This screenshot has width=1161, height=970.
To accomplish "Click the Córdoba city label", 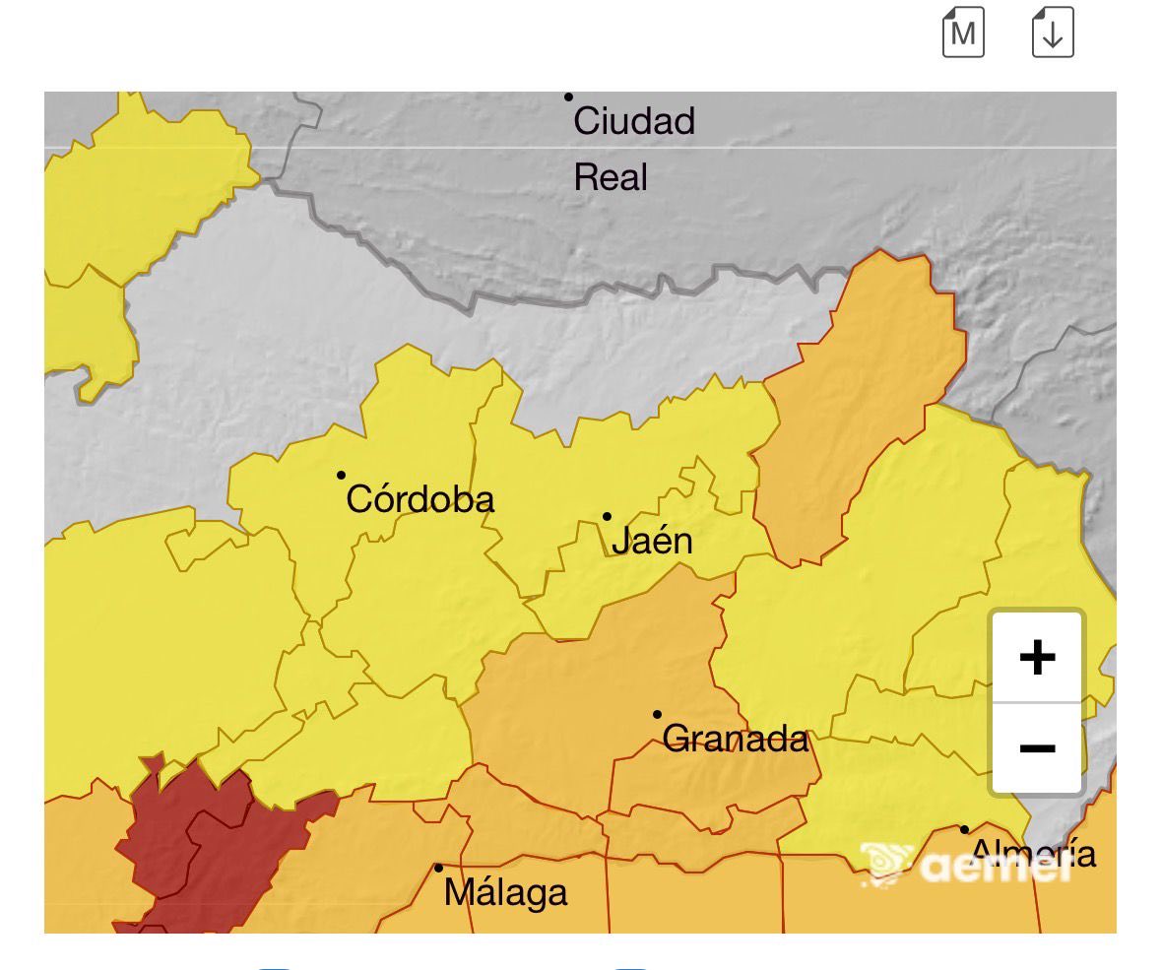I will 420,500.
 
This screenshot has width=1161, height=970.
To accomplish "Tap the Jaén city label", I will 652,542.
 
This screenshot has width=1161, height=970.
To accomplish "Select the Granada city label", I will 736,739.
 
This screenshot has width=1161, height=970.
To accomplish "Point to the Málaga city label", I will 505,893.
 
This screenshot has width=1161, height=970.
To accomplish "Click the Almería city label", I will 1033,853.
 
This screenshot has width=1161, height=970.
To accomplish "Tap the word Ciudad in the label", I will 634,122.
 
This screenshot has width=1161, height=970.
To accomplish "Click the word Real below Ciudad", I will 611,178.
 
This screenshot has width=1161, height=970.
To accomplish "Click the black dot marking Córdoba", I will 342,475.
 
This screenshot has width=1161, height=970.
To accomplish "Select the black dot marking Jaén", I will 608,516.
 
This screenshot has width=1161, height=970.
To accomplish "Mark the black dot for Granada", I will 657,714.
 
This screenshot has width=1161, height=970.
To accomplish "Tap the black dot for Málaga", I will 438,868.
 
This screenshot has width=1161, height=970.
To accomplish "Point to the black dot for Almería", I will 964,829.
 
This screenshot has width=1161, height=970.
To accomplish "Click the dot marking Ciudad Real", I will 568,97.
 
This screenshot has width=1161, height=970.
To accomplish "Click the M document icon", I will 963,32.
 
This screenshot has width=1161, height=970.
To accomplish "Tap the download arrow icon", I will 1053,32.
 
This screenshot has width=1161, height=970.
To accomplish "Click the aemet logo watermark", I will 965,864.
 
